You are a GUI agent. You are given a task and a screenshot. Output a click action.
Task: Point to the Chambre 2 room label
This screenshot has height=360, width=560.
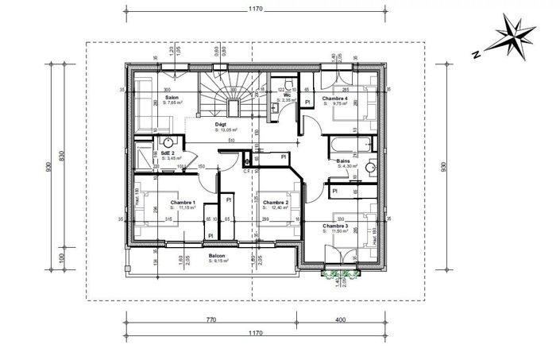[x=274, y=203]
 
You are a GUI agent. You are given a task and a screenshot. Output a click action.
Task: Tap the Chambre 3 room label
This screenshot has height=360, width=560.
[x=335, y=226]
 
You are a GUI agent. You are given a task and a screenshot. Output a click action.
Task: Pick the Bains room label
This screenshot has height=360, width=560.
[x=343, y=161]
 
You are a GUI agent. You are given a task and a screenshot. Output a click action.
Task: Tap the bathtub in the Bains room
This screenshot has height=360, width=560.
[x=349, y=144]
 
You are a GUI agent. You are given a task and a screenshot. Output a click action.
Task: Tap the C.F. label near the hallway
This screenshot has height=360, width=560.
[x=247, y=170]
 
